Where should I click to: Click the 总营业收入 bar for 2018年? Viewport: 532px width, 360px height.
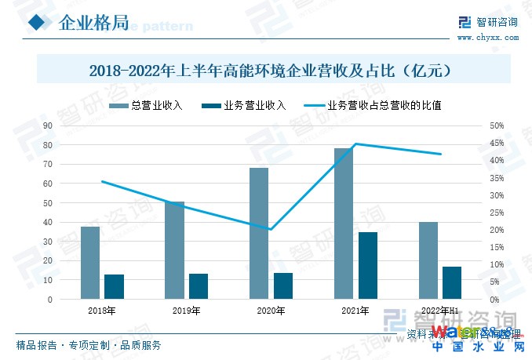click(90, 263)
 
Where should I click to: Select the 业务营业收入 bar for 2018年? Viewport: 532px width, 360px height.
click(115, 286)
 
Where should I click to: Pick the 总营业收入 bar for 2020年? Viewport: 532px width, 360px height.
click(259, 233)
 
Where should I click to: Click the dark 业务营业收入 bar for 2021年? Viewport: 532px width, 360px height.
click(367, 265)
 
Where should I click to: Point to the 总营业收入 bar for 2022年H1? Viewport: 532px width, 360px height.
click(428, 260)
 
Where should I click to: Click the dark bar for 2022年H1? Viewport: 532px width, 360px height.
click(452, 282)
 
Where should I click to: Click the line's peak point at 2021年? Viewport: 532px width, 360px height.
click(355, 144)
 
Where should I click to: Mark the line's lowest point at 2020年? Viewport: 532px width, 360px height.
click(271, 230)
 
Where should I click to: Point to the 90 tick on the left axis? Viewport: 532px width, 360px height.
click(48, 125)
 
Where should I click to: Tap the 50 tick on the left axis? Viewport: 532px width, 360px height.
click(48, 203)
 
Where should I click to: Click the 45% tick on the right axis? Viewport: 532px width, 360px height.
click(497, 143)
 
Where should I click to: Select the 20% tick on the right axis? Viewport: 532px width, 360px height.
click(497, 230)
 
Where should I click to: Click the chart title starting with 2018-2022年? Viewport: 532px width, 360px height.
click(266, 71)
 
